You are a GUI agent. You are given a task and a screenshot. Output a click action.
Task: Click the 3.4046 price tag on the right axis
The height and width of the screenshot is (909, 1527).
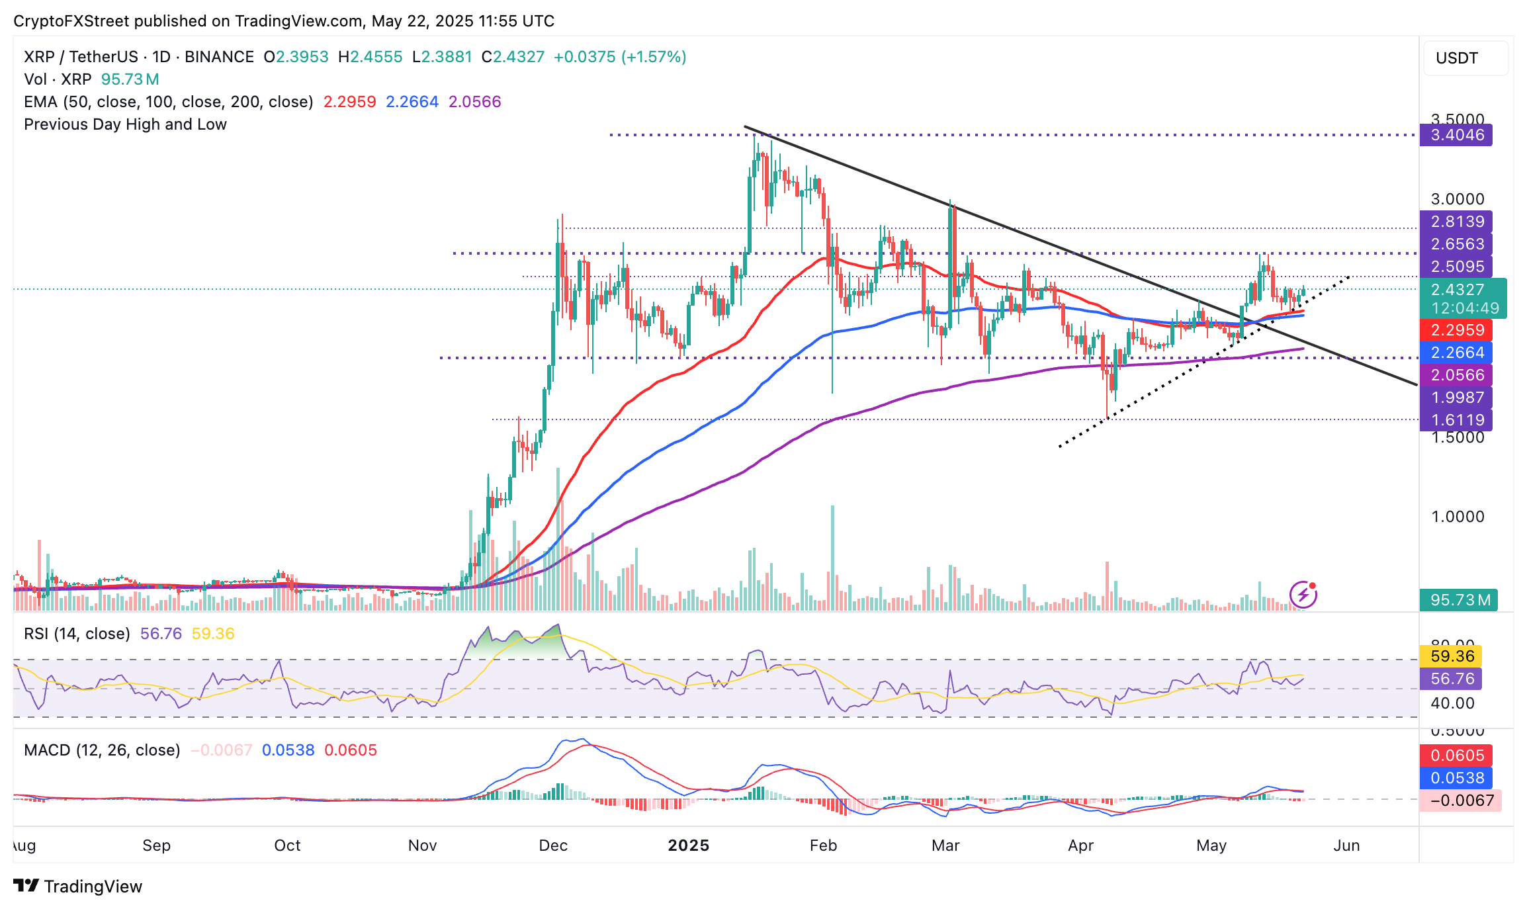click(x=1456, y=135)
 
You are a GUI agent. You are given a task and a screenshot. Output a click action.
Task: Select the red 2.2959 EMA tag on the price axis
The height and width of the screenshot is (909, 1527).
click(x=1456, y=329)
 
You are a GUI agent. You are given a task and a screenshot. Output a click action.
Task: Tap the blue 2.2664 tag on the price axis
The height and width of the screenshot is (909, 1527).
click(x=1456, y=352)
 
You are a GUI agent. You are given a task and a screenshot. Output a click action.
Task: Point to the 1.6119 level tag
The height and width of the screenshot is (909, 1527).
click(x=1456, y=420)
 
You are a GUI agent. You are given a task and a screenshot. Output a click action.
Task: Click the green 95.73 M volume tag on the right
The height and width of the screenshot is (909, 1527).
click(x=1459, y=600)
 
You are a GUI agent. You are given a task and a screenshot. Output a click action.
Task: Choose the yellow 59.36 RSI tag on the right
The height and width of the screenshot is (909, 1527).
click(x=1452, y=656)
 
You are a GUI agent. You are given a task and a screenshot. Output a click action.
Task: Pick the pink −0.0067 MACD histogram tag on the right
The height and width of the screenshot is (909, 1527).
click(x=1461, y=801)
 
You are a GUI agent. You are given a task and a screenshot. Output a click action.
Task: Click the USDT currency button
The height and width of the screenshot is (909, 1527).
click(x=1457, y=58)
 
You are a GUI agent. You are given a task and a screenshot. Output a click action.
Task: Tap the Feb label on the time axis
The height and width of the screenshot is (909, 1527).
click(x=823, y=845)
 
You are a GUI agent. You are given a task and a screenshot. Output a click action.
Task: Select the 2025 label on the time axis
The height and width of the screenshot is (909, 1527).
click(x=688, y=845)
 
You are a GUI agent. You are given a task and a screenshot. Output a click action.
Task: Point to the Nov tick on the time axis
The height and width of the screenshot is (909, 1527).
click(x=422, y=845)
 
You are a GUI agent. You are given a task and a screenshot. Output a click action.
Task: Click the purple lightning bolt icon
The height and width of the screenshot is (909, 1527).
click(x=1303, y=595)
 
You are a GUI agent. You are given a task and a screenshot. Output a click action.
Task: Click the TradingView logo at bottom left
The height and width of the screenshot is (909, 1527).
click(x=78, y=887)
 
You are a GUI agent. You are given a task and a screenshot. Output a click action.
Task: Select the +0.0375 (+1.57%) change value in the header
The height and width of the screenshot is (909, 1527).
click(x=620, y=57)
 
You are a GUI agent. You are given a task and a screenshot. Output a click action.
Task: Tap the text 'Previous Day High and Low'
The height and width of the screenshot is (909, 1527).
click(x=125, y=124)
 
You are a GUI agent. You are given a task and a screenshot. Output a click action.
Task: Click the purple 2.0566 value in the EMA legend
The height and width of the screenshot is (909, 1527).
click(x=474, y=102)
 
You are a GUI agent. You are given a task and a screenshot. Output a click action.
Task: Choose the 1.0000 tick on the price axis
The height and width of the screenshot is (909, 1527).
click(x=1458, y=517)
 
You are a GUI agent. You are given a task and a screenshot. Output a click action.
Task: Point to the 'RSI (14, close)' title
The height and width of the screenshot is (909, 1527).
click(x=77, y=634)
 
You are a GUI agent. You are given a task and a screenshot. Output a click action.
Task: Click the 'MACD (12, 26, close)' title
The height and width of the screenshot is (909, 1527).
click(x=102, y=750)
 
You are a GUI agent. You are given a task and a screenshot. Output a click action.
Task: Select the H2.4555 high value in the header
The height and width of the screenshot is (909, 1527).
click(x=370, y=57)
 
